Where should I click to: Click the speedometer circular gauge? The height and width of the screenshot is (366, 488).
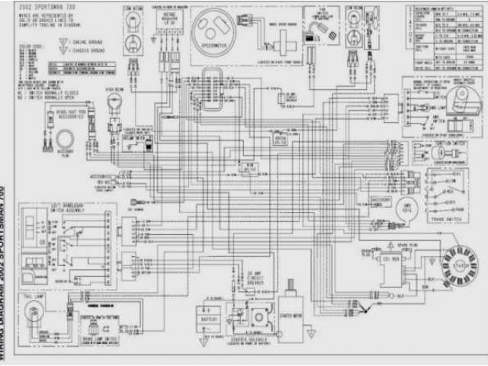(x=222, y=39)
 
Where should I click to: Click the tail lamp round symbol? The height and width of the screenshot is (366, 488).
(x=34, y=311)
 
